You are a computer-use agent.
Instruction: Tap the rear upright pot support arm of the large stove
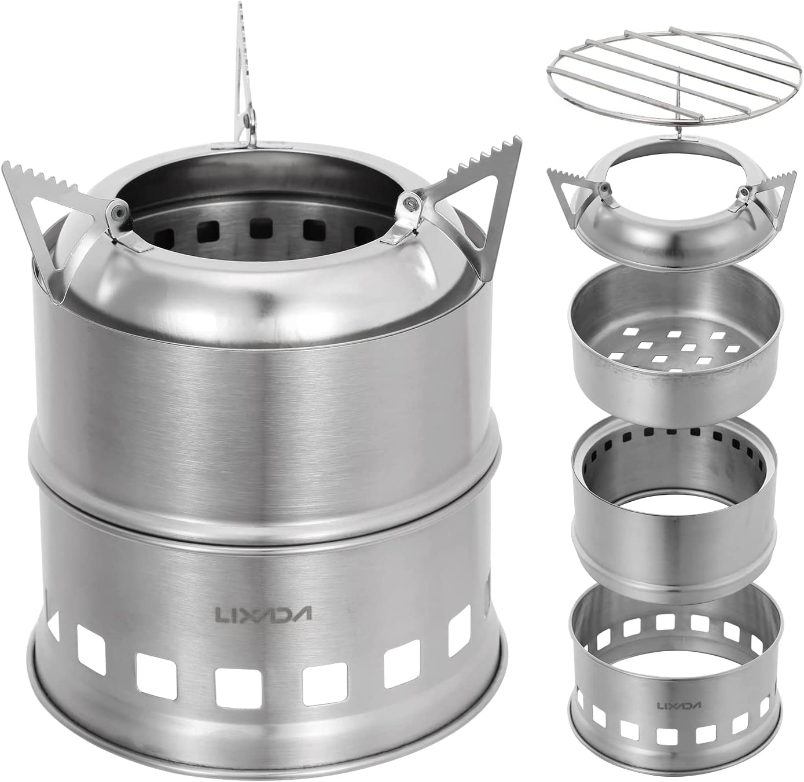(245, 83)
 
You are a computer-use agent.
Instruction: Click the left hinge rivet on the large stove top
(116, 211)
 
